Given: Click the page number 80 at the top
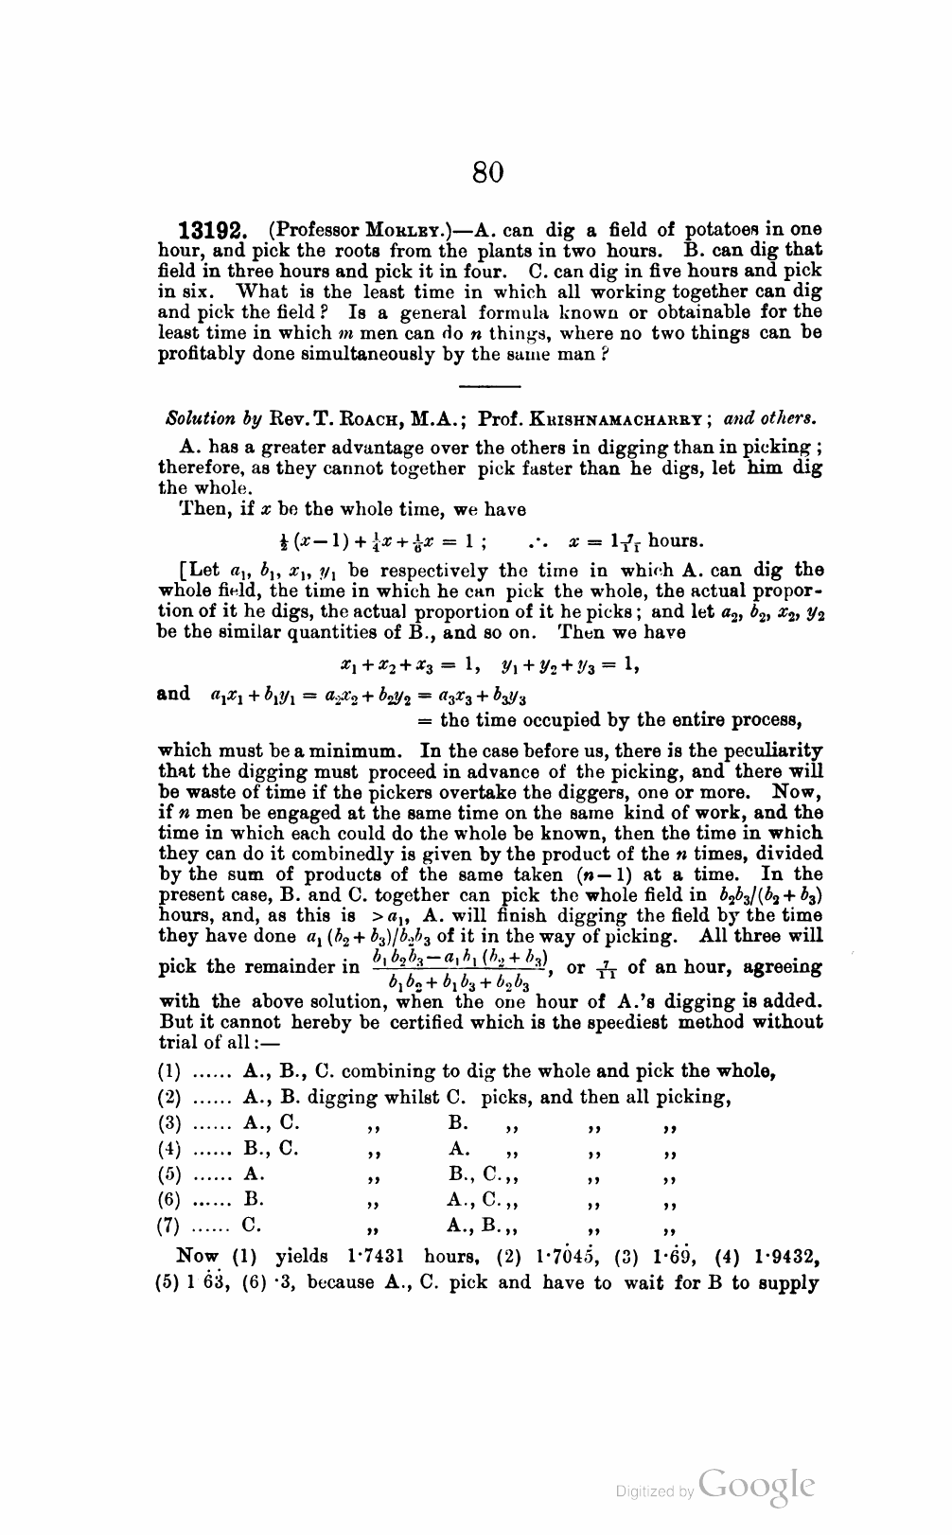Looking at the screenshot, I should [487, 172].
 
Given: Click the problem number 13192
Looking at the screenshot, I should [214, 231].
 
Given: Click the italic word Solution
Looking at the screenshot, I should [199, 418].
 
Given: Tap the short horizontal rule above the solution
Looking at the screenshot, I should [489, 386].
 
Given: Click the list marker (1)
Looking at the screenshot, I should [168, 1072].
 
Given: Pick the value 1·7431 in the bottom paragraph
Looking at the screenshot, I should [378, 1257].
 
